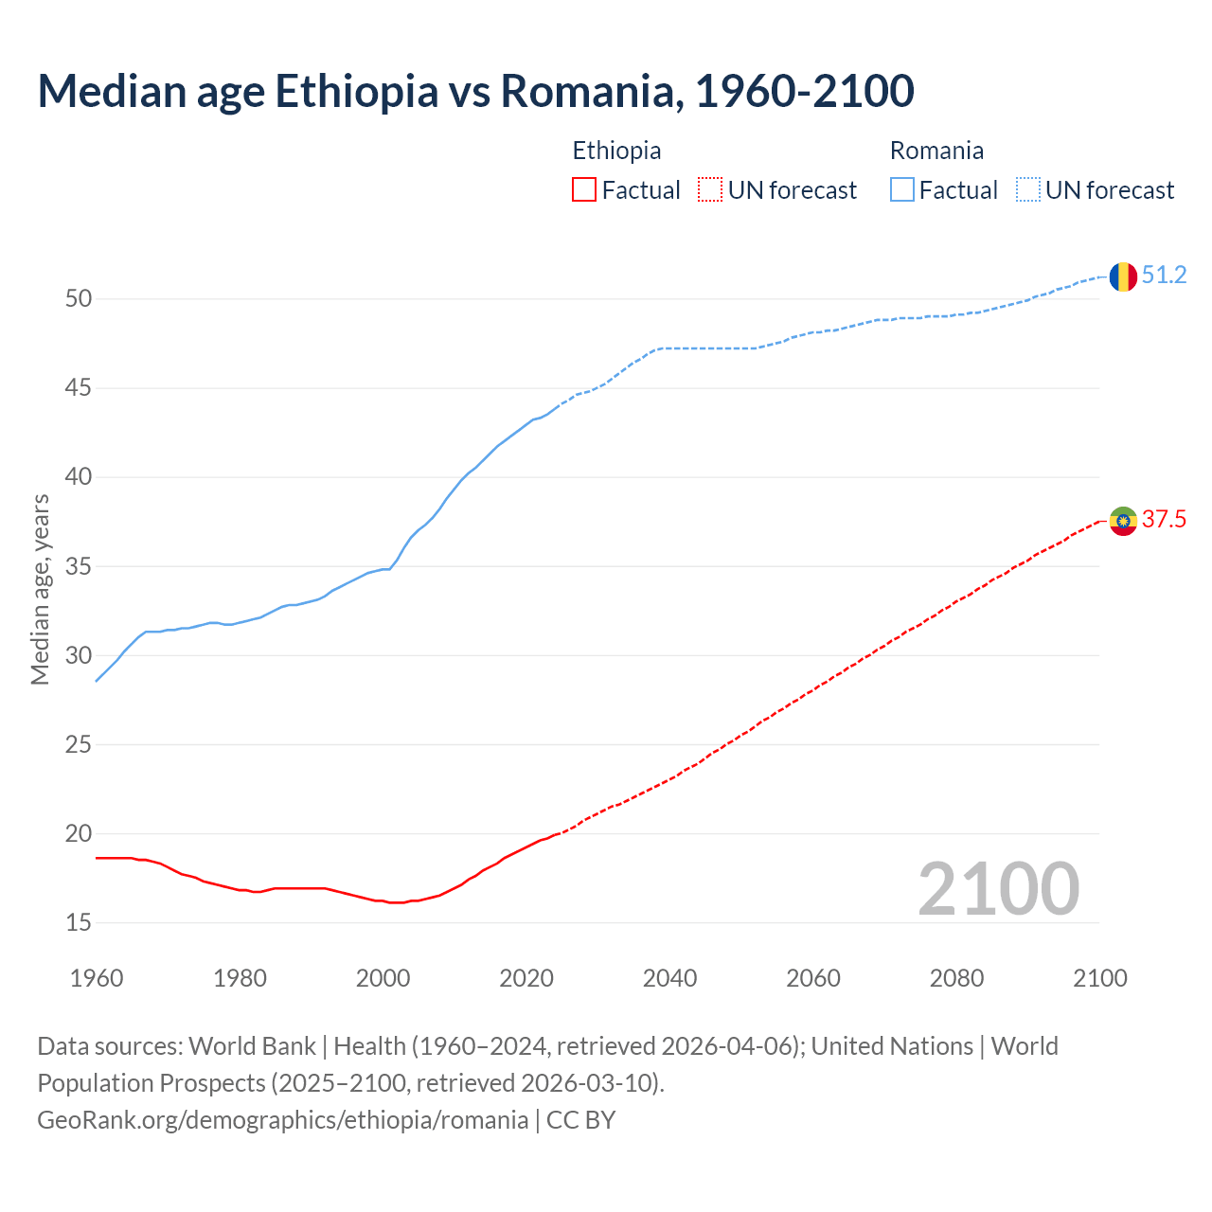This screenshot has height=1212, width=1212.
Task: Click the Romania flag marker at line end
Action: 1123,276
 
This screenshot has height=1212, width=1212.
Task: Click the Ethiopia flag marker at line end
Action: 1123,521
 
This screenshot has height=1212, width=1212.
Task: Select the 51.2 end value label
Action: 1164,276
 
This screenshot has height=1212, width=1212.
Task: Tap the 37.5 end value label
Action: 1164,520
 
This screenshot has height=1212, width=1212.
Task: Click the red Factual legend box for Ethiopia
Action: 584,190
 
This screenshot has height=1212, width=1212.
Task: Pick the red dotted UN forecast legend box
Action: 710,190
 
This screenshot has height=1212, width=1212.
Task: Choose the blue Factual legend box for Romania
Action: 901,190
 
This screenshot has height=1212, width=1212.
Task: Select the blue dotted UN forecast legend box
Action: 1027,190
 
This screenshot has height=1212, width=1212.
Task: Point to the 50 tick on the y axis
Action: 79,299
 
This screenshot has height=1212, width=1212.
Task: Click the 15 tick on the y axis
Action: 79,923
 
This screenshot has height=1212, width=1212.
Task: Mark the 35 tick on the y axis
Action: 79,567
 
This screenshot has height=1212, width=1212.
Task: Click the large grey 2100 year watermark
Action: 998,889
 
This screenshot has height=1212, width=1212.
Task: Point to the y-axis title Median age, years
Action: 40,589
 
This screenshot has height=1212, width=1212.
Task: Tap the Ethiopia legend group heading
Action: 616,151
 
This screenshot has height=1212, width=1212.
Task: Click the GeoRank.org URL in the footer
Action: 282,1120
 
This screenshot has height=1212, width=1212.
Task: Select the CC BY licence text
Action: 580,1120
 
